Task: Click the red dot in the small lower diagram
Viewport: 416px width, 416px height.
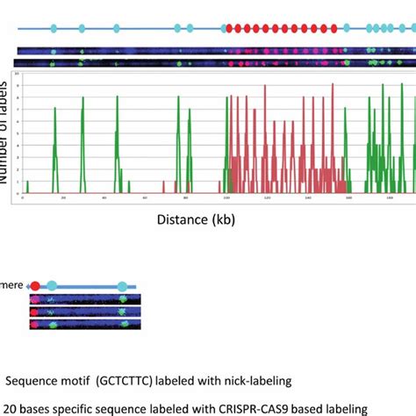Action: tap(34, 285)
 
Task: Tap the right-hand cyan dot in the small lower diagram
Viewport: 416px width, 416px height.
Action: tap(122, 286)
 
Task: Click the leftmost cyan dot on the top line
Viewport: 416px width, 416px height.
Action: tap(54, 29)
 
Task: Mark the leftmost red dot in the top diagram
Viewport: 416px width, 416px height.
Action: tap(229, 29)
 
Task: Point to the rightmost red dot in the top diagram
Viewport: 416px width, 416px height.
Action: tap(334, 29)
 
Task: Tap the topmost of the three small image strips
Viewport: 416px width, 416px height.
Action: tap(85, 299)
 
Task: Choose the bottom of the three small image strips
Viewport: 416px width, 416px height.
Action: tap(85, 325)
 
